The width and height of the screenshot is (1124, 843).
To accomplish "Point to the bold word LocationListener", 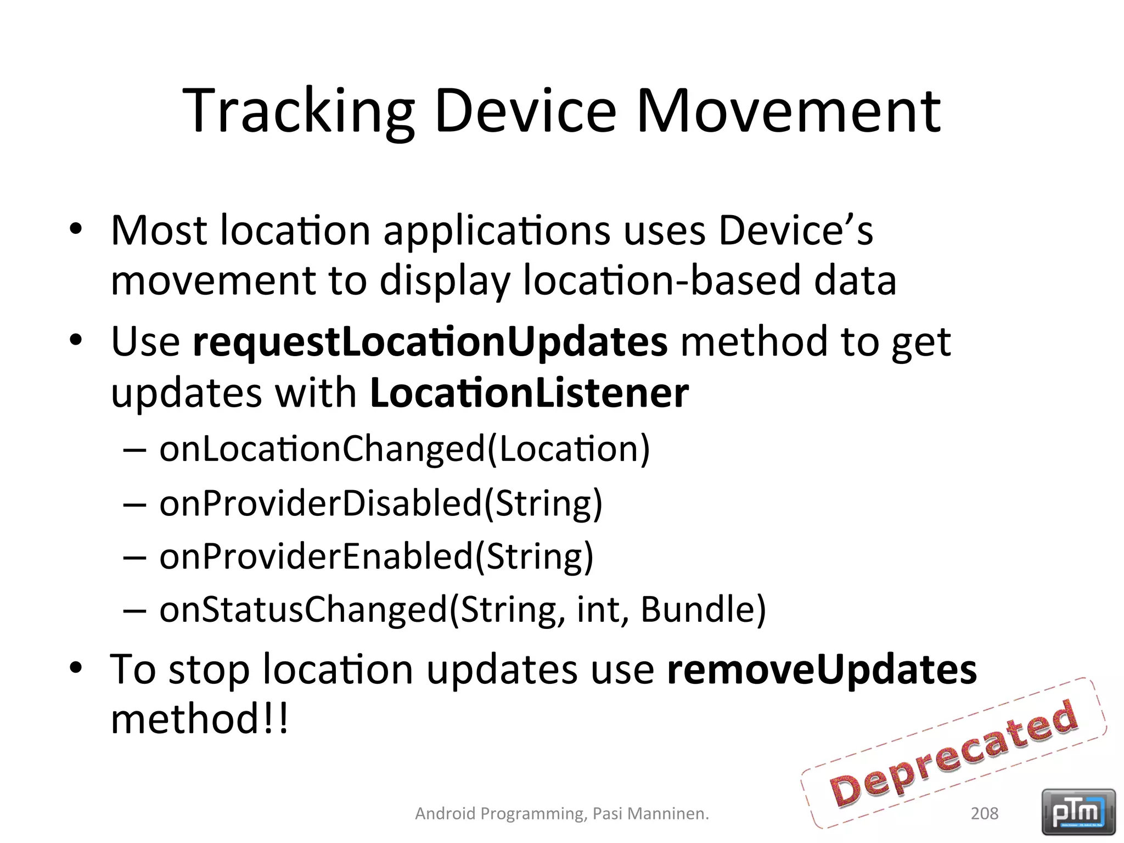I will click(x=529, y=394).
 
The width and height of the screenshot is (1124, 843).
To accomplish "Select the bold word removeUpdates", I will click(x=822, y=670).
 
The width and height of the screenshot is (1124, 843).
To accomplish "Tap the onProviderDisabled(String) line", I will click(x=380, y=503).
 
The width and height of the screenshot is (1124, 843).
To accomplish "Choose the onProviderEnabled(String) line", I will click(x=376, y=557).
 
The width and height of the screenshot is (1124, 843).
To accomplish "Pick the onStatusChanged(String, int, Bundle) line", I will click(x=462, y=610).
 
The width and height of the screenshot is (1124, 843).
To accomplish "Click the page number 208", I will click(x=984, y=813).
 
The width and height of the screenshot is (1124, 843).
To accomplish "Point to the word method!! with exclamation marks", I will click(x=199, y=720).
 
